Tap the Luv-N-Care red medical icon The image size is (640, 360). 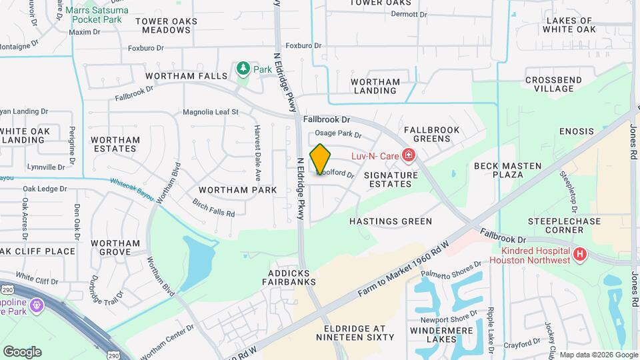coord(409,156)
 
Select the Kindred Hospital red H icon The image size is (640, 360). coord(581,254)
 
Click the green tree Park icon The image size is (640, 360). coord(243,69)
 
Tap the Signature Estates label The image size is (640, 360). coord(391,179)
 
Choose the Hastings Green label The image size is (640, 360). coord(391,221)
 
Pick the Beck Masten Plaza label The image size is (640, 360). coord(506,169)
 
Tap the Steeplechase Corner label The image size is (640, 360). coord(555,225)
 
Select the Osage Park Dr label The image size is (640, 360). coord(338,134)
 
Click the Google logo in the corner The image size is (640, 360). coord(22,351)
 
